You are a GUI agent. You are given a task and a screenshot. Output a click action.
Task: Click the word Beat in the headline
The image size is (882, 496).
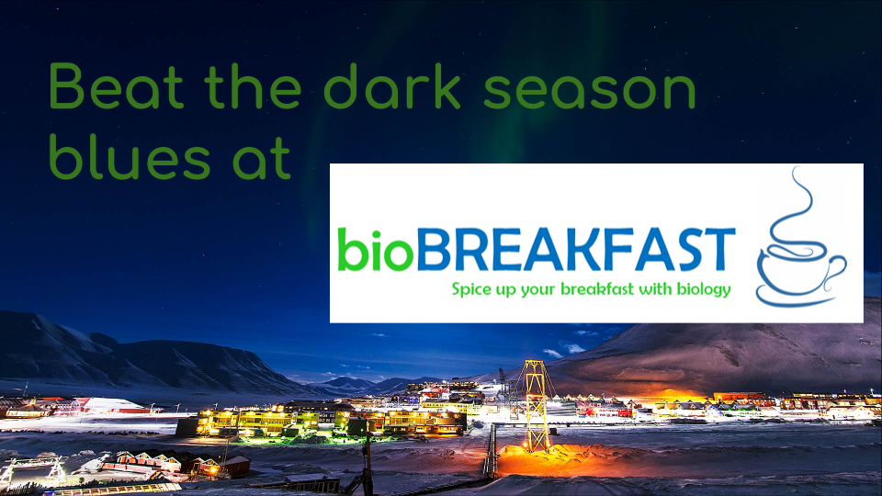[117, 86]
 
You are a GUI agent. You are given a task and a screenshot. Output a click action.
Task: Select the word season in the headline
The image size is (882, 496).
[590, 90]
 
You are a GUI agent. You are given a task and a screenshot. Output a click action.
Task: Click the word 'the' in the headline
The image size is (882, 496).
[254, 86]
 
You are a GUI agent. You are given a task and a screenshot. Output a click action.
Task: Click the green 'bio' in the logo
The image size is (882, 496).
[375, 249]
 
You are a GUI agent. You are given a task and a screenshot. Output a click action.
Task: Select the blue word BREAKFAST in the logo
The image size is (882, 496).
[575, 249]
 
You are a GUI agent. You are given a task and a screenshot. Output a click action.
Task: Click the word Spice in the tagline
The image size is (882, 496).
[472, 290]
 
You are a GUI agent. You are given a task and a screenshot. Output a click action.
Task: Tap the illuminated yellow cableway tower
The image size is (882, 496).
[536, 405]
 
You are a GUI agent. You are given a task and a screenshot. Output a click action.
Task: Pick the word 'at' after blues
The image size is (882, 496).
[262, 159]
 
